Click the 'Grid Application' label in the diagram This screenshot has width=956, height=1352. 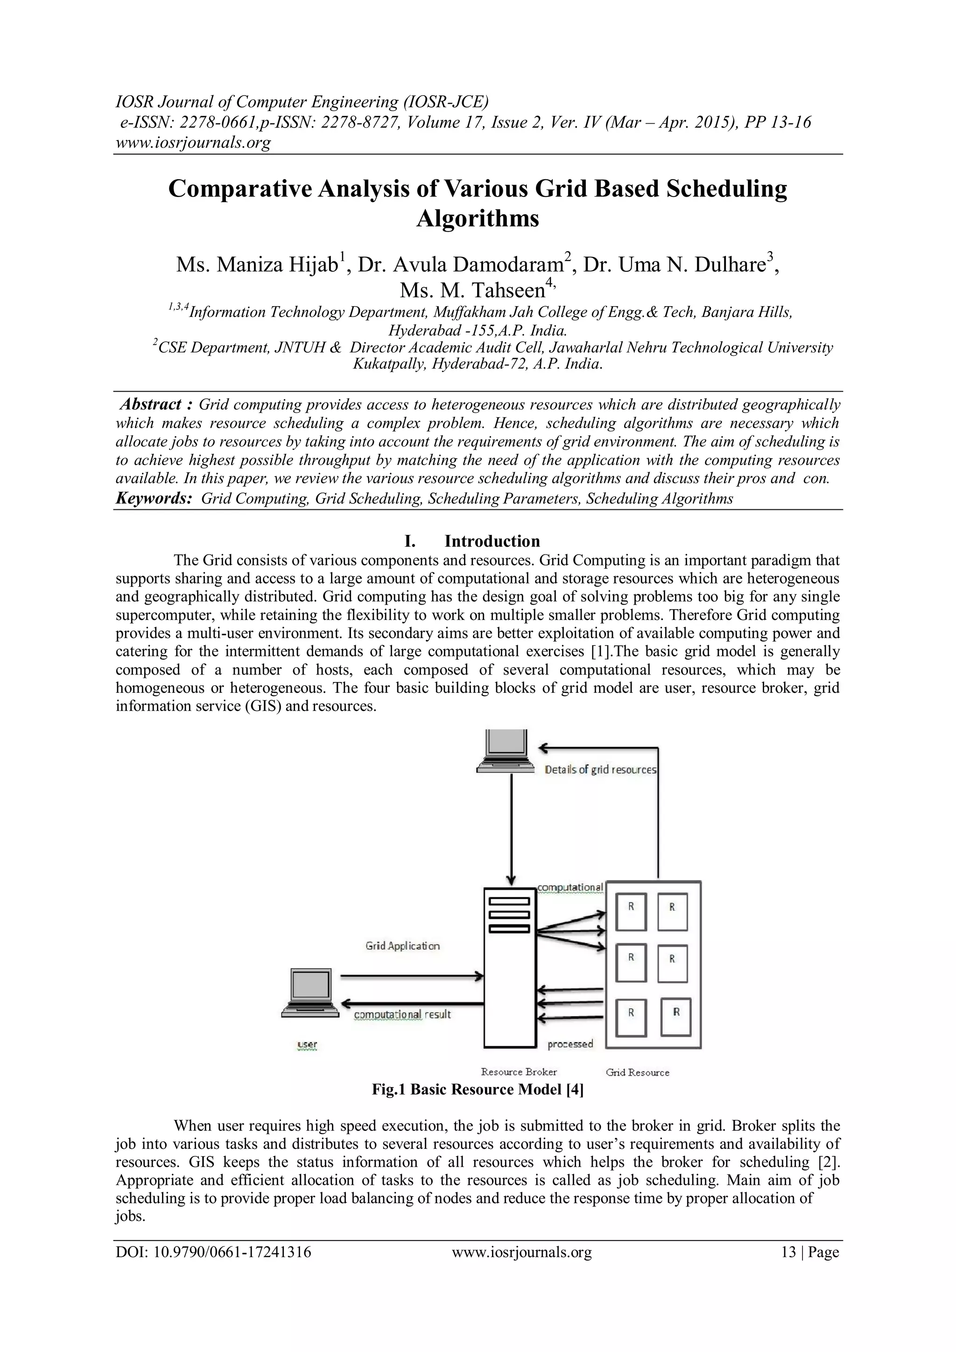[403, 946]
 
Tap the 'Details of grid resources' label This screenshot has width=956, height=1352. [600, 770]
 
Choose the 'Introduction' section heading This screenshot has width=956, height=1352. [492, 541]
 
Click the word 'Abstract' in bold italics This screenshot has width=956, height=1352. [151, 405]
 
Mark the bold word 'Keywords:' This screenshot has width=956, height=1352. [154, 499]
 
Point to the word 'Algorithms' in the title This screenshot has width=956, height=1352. [478, 218]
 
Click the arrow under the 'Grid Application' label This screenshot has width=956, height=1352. [412, 977]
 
